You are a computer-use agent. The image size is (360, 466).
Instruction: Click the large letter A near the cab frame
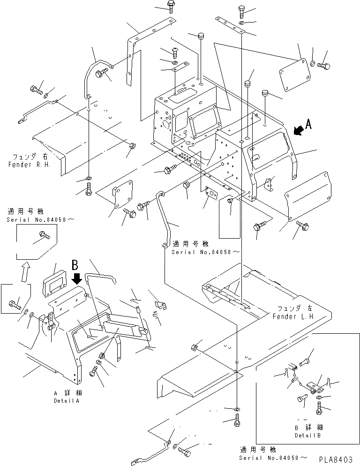click(x=307, y=124)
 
